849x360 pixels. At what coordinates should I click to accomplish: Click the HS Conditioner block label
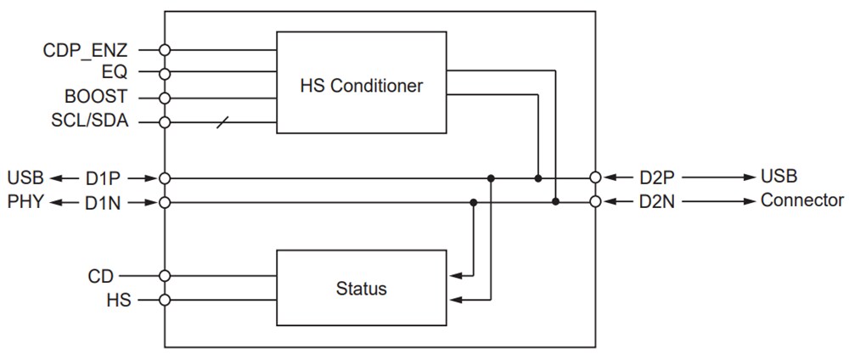[x=361, y=86]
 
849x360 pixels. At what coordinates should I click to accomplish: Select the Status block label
[x=361, y=288]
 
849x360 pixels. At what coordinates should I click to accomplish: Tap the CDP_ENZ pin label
[x=86, y=50]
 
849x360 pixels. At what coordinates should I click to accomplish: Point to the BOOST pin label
[x=96, y=97]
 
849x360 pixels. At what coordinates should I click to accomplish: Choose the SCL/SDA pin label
[x=90, y=121]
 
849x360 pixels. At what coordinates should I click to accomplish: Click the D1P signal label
[x=104, y=178]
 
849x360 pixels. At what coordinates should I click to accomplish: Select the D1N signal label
[x=104, y=202]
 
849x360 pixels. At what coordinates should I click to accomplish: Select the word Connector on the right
[x=801, y=201]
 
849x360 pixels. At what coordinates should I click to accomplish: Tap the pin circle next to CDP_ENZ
[x=165, y=50]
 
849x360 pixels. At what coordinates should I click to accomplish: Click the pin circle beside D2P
[x=595, y=177]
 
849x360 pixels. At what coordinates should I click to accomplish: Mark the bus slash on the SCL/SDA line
[x=222, y=121]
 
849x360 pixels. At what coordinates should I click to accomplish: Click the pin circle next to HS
[x=165, y=300]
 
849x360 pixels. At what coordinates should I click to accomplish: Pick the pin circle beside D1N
[x=165, y=202]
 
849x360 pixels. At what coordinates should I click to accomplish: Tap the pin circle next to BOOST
[x=165, y=97]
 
